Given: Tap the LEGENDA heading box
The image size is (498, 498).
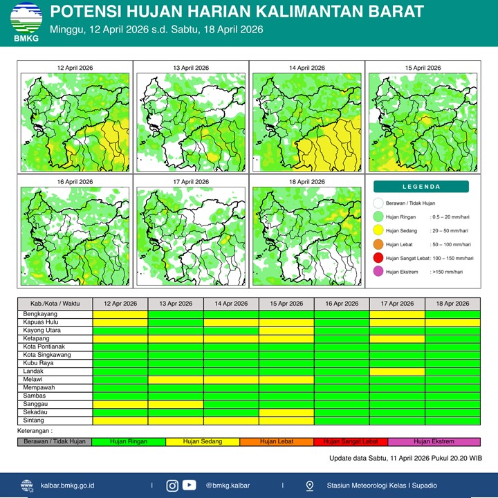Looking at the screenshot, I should [421, 187].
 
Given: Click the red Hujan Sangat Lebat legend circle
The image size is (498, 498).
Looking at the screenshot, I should [378, 258].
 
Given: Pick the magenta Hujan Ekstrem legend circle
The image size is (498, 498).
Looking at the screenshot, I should [378, 272].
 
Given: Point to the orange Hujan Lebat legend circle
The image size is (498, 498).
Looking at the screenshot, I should [378, 244].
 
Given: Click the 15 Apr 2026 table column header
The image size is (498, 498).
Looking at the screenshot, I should [286, 304].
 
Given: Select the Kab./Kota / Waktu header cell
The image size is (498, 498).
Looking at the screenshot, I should [55, 304].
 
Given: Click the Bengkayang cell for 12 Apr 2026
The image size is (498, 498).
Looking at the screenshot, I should [120, 314].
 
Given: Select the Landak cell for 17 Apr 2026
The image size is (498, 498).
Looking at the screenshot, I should [397, 371].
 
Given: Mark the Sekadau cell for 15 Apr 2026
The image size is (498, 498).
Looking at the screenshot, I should [286, 412].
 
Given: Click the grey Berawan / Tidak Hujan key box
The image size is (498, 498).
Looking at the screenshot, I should [55, 441].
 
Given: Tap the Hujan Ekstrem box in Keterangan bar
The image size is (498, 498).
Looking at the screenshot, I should [434, 441].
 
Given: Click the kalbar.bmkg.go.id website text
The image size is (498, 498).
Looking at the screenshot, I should [68, 486].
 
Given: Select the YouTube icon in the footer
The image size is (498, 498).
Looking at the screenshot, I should [189, 486].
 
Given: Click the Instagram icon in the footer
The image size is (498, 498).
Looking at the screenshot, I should [172, 486].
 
